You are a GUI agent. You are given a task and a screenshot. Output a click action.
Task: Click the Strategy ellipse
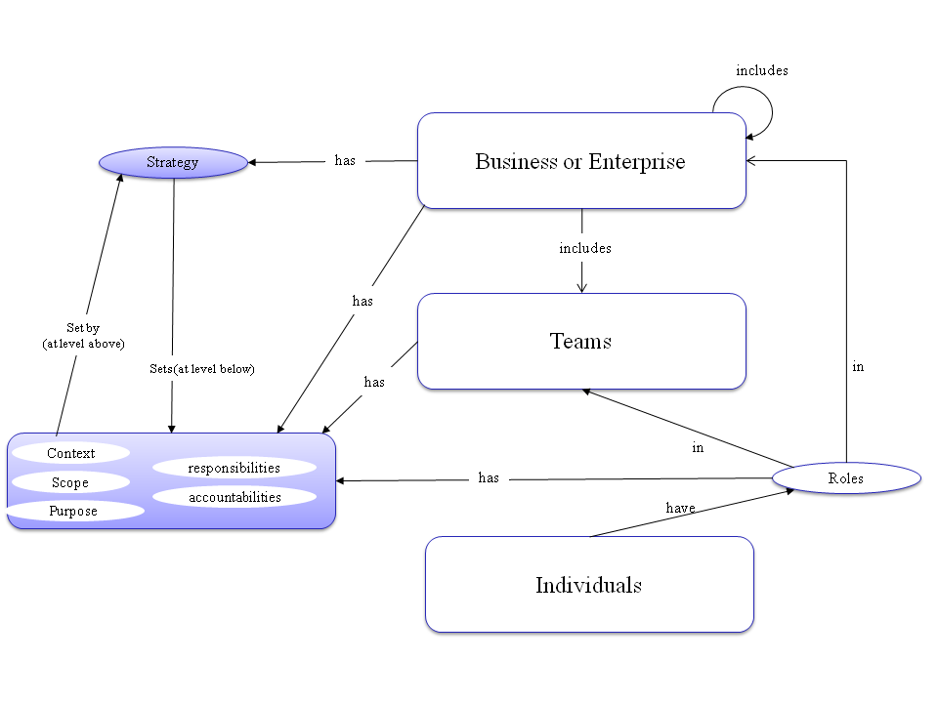coord(173,162)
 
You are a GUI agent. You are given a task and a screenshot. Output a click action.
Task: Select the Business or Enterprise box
coord(581,161)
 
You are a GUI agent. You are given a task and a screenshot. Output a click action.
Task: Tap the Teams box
coord(581,341)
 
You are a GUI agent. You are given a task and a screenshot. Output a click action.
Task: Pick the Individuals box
coord(589,584)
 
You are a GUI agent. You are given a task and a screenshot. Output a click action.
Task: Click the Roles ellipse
coord(846,477)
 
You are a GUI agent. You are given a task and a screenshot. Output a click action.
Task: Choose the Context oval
coord(71,453)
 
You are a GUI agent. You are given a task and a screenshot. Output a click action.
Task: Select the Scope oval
coord(70,482)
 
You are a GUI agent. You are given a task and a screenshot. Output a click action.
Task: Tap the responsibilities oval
coord(234,468)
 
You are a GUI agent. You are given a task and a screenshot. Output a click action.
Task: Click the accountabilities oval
coord(234,497)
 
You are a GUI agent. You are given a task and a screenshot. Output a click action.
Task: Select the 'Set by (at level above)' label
coord(83,336)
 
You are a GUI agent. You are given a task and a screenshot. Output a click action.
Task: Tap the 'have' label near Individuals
coord(681,508)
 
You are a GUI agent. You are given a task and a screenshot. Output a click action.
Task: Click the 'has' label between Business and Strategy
coord(345,160)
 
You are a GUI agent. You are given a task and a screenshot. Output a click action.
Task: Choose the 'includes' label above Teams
coord(585,248)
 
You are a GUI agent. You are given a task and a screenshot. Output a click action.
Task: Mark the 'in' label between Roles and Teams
coord(698,448)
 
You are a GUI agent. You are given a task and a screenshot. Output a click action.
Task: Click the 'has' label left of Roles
coord(489,477)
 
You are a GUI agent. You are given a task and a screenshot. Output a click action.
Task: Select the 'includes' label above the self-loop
coord(762,70)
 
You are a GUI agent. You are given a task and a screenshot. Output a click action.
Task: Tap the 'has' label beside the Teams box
coord(374,382)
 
